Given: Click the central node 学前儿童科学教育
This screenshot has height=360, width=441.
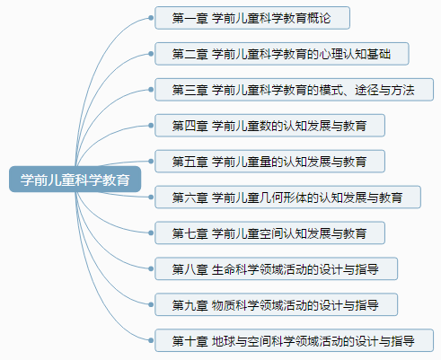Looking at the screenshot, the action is point(75,180).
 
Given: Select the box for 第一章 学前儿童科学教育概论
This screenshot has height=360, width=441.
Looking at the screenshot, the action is point(252,18).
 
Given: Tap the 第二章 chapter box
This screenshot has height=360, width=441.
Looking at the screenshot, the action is point(282,54).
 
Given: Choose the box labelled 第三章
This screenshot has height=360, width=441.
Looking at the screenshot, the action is point(294,90).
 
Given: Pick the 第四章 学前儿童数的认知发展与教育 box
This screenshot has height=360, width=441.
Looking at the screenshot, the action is point(269,126).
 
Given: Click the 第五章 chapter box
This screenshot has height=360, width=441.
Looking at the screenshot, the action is point(269,162).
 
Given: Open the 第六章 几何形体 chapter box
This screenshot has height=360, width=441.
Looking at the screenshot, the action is point(287,198).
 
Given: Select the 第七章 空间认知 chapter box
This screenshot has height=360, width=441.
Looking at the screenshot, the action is point(269,233).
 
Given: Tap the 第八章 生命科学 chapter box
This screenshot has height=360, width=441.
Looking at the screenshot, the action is point(276,268).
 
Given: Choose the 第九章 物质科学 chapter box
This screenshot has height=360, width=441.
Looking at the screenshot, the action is point(276,304).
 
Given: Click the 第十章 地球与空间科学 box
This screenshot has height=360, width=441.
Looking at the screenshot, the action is point(294,340).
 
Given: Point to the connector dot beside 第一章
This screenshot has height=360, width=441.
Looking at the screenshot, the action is point(151,18).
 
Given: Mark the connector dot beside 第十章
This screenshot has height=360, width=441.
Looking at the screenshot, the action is point(151,340).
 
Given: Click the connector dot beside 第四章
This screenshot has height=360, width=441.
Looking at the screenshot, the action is point(151,126).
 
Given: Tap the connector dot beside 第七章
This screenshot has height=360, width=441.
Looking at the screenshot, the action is point(151,233).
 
